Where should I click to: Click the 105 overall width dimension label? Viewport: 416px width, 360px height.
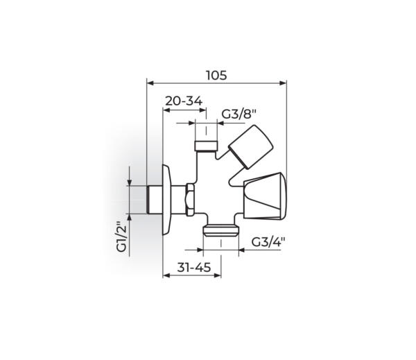(x=216, y=76)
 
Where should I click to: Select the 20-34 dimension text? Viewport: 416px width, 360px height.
(x=184, y=101)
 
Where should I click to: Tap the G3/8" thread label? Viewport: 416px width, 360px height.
(x=239, y=114)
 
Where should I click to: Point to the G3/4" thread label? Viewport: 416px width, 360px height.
(x=268, y=242)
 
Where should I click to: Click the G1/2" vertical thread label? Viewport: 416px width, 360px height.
(x=122, y=237)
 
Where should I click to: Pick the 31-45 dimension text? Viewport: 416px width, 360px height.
(x=194, y=267)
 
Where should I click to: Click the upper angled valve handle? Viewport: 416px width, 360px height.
(x=251, y=147)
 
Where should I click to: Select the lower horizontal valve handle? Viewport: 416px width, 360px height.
(x=265, y=196)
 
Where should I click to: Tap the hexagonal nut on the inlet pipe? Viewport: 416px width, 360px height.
(x=190, y=199)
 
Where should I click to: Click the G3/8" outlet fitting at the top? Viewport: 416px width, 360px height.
(x=206, y=146)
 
